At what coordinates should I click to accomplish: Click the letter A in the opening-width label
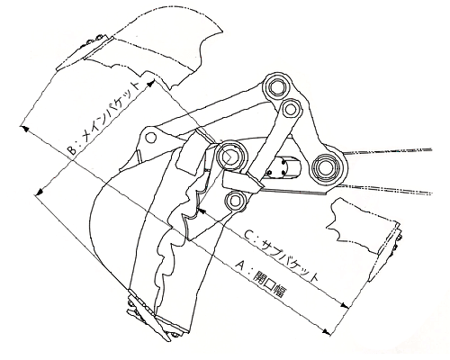[239, 265]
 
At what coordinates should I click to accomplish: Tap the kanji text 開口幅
[270, 284]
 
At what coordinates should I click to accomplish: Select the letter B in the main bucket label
[71, 150]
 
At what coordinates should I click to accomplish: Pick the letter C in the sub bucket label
[248, 235]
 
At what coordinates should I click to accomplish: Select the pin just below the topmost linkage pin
[290, 110]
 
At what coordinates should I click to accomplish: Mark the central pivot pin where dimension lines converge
[231, 156]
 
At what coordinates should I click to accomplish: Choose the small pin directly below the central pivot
[235, 202]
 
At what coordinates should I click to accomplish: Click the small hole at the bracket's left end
[151, 138]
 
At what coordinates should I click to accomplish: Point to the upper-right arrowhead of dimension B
[151, 82]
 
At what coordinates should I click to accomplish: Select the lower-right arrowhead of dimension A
[327, 332]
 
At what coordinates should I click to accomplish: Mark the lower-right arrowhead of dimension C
[345, 305]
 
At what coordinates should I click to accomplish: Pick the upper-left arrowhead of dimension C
[202, 211]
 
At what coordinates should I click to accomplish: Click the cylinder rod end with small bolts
[283, 167]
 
